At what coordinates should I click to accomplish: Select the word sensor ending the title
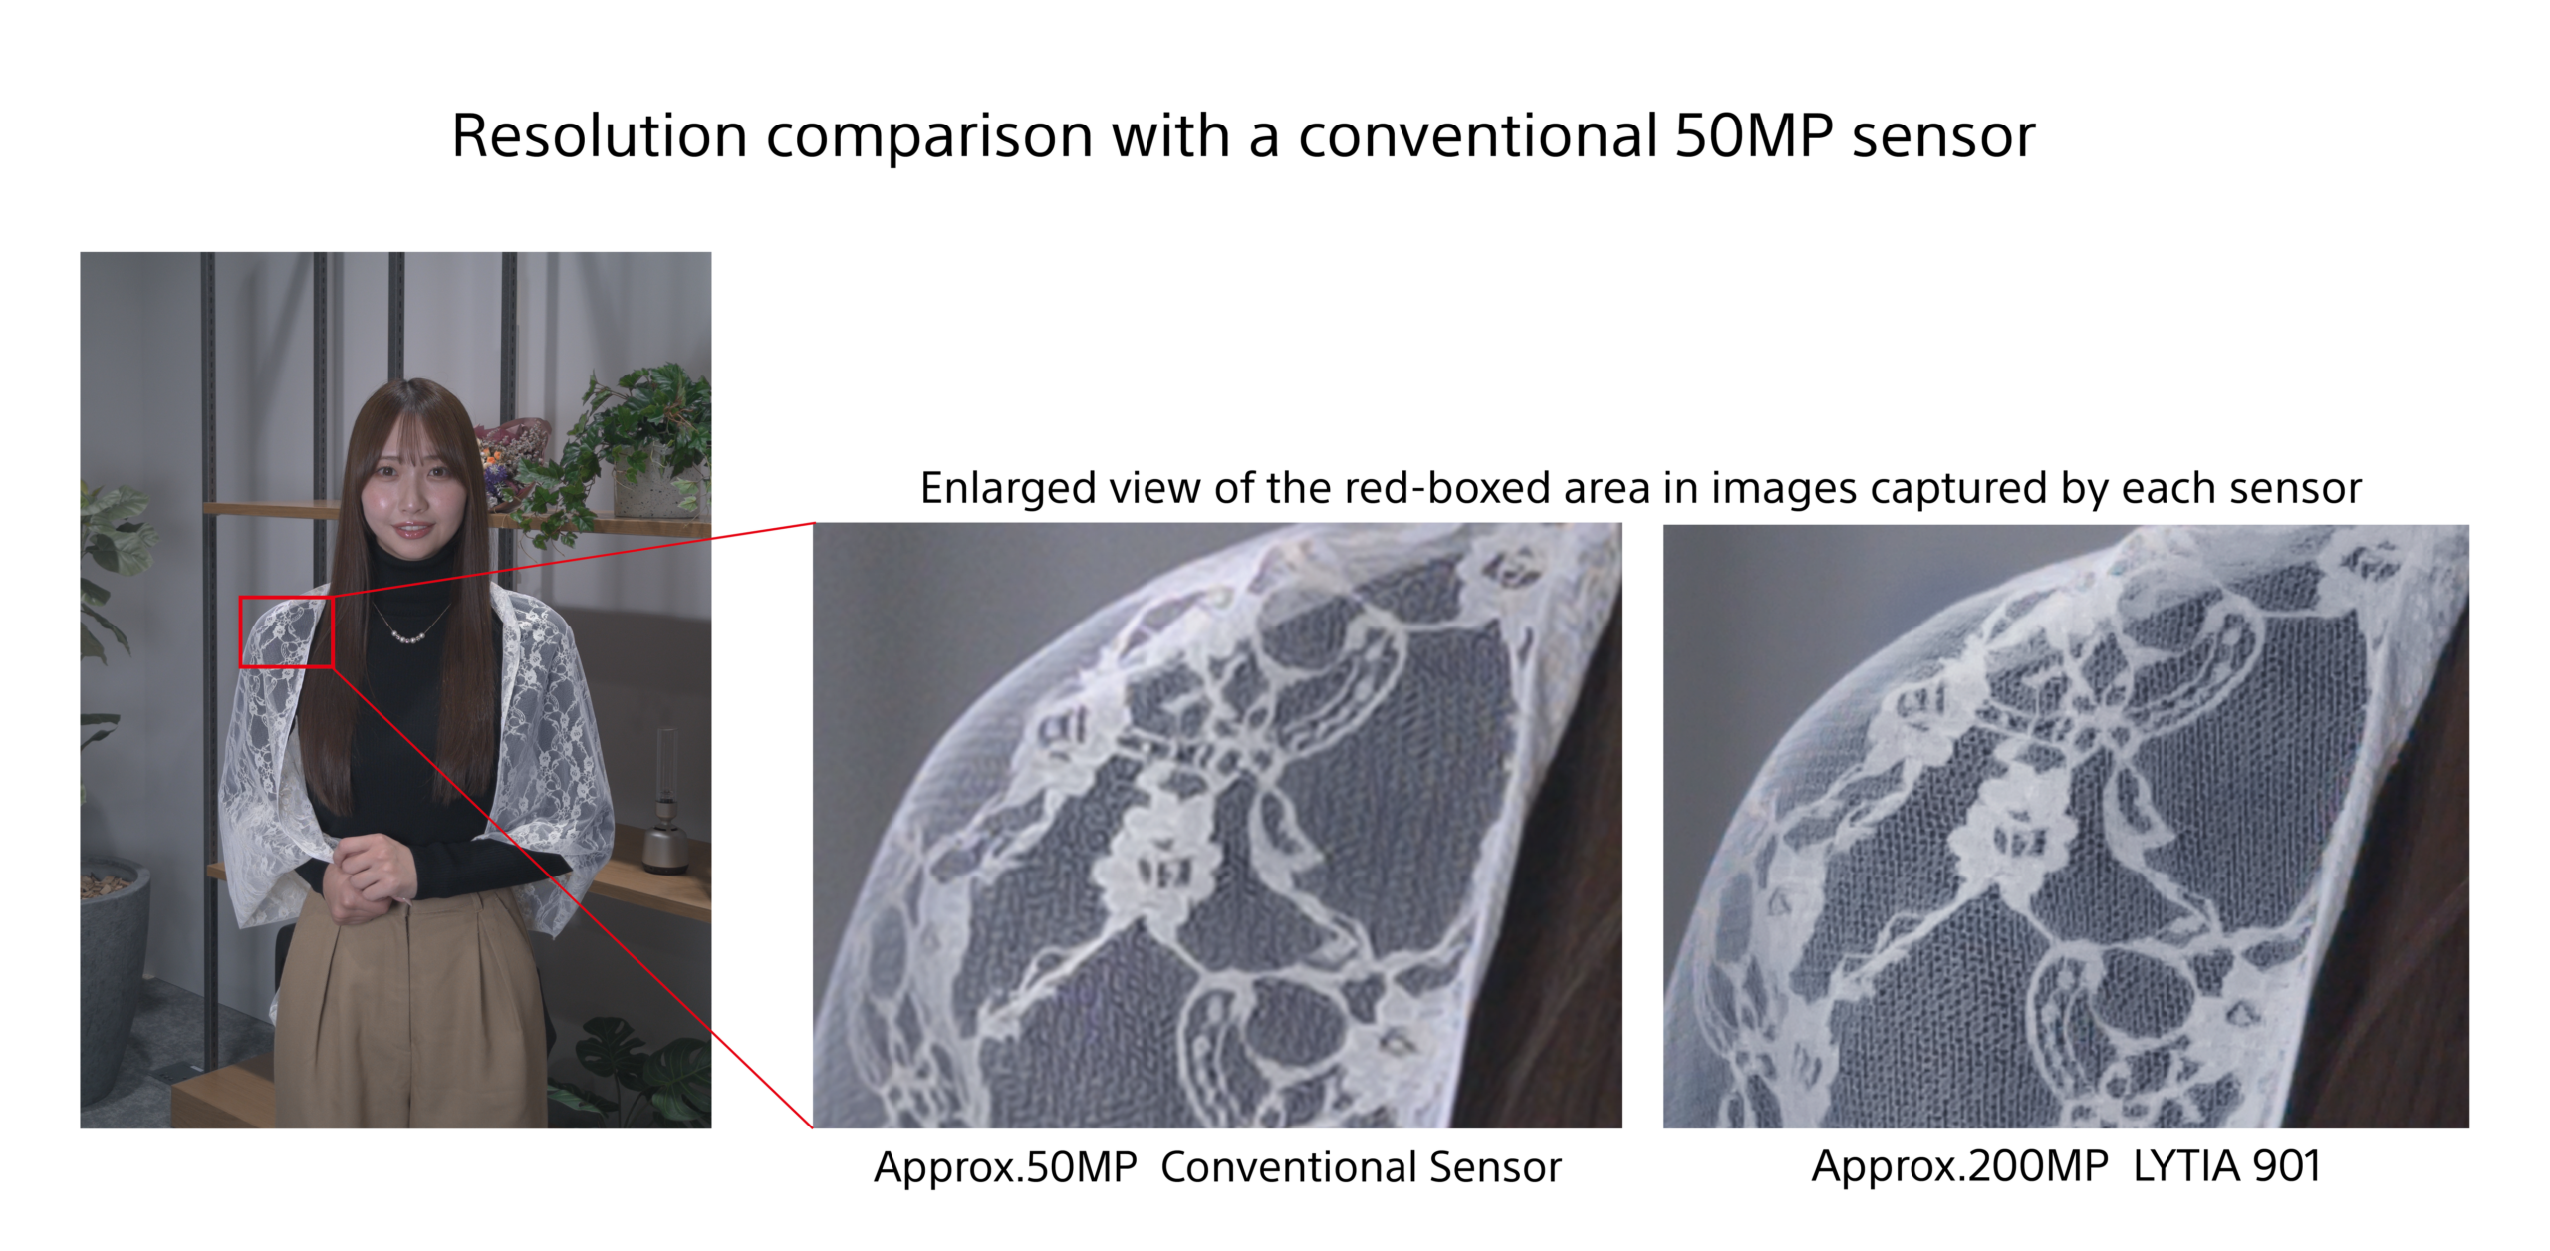1942,137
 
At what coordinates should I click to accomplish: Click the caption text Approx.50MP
1004,1167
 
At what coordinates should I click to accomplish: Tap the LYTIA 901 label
2226,1166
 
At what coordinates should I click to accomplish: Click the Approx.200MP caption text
1959,1166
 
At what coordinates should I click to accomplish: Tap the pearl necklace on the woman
410,633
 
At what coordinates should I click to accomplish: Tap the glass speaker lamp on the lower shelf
665,807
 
